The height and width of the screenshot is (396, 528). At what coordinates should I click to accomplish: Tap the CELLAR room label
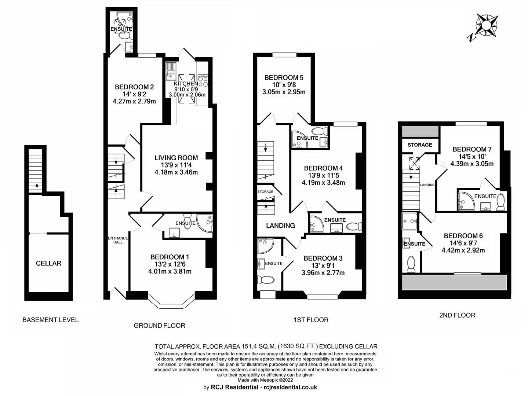tap(48, 263)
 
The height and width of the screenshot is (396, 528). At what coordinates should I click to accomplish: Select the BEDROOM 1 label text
tap(170, 257)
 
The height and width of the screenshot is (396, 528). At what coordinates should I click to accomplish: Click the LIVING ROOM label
tap(176, 158)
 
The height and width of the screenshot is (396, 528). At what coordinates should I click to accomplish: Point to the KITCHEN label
tap(186, 84)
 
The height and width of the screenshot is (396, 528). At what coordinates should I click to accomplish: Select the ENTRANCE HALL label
tap(118, 240)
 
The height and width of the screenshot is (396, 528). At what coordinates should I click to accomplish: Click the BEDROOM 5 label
tap(284, 78)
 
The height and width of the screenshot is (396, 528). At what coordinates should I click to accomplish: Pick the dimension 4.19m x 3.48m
tap(323, 183)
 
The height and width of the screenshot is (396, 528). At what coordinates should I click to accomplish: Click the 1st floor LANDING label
tap(280, 225)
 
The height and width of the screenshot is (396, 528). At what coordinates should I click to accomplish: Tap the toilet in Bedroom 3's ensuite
tap(266, 280)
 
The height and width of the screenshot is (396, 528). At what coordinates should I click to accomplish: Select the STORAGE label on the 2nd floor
tap(420, 145)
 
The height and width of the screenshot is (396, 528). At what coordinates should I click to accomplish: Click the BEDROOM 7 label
tap(472, 149)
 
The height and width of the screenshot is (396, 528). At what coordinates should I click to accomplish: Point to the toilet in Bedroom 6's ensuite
tap(411, 264)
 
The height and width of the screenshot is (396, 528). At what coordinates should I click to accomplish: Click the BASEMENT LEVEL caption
tap(51, 320)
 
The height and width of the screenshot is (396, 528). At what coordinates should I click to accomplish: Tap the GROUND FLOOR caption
tap(160, 326)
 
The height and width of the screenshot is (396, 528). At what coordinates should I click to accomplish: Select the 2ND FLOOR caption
tap(457, 315)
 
